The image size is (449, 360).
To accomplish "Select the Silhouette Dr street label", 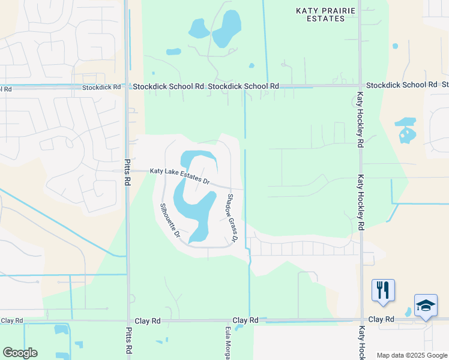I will [x=170, y=220].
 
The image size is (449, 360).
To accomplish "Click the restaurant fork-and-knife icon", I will [x=382, y=290].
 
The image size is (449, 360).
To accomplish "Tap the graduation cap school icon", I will [x=426, y=306].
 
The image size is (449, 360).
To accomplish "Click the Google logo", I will [x=20, y=353].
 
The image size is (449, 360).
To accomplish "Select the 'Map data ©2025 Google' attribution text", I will [x=411, y=355].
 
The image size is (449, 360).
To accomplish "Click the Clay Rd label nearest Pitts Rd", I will [x=148, y=321].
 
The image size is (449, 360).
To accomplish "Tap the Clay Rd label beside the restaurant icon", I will [x=381, y=319].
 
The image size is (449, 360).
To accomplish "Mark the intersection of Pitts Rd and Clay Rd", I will [x=127, y=321].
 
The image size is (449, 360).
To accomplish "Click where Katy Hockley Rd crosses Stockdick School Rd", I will [x=361, y=86].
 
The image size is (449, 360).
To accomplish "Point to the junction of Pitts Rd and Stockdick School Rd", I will [x=127, y=86].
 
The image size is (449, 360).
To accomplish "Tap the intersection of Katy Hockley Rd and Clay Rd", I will [x=361, y=320].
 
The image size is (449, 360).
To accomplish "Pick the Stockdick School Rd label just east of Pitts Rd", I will [x=169, y=86].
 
